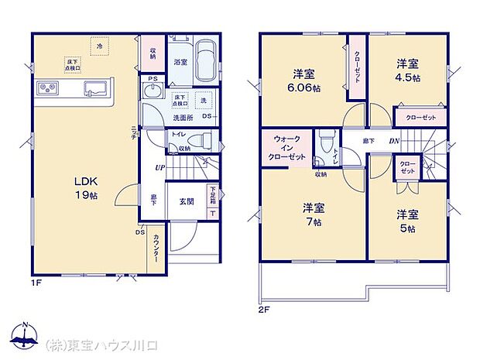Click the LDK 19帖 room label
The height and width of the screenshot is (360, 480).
point(85,187)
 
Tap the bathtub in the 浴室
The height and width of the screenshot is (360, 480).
point(207,60)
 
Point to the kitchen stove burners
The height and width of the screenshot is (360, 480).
point(46,87)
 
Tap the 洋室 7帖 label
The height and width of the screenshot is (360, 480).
point(314,214)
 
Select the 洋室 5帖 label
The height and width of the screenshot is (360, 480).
point(408,221)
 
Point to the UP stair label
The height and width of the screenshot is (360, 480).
point(159,167)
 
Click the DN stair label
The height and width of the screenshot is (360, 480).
point(394,140)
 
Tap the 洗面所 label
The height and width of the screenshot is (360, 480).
point(182,118)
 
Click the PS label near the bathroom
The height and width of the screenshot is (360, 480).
point(152,77)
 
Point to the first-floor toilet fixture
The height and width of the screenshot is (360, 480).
point(204,140)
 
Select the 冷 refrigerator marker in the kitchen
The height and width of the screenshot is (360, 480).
point(99,46)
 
